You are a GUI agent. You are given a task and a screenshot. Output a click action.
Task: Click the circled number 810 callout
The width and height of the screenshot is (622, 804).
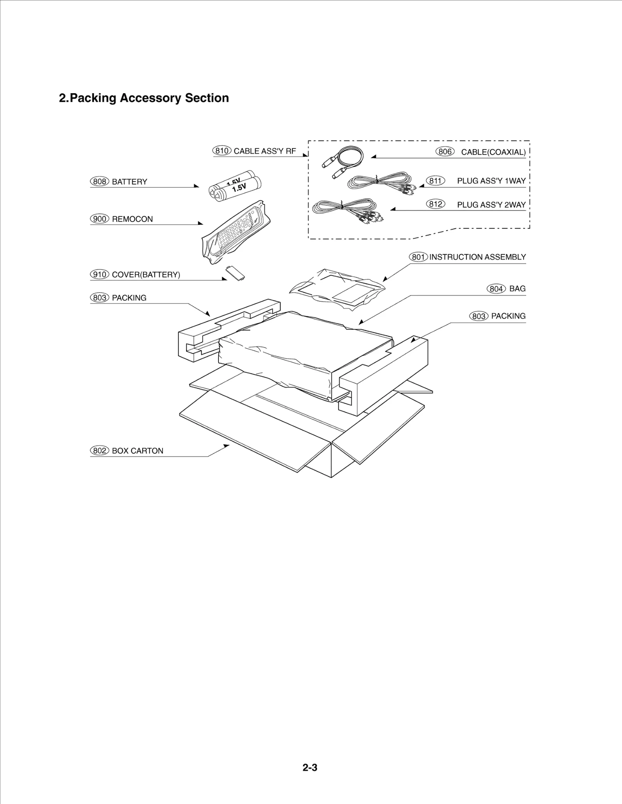(x=222, y=151)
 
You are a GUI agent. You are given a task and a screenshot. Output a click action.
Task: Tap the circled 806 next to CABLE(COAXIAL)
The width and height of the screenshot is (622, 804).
(x=445, y=151)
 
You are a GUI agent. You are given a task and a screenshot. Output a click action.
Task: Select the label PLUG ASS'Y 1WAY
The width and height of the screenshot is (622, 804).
(x=491, y=181)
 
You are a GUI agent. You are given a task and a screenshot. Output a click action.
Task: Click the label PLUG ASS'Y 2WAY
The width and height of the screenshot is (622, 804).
(x=491, y=205)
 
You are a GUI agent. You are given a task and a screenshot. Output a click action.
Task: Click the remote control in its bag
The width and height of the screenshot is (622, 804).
(x=236, y=231)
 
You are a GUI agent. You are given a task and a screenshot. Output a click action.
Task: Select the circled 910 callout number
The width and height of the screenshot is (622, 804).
(x=100, y=274)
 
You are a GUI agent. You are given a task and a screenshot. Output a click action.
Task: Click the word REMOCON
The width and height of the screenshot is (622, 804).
(x=132, y=219)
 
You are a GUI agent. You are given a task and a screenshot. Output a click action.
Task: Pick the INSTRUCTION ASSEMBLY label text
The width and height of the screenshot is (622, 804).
(x=477, y=257)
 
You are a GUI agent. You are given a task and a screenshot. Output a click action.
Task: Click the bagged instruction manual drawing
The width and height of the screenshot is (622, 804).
(x=337, y=289)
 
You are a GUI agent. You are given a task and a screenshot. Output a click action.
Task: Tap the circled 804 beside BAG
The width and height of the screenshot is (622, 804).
(x=496, y=288)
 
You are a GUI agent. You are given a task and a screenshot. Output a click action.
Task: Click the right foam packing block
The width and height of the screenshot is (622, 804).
(x=385, y=373)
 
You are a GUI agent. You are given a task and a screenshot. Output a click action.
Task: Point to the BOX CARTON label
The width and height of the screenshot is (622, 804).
(x=137, y=451)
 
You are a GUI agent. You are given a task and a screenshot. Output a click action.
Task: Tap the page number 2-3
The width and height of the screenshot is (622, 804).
(x=310, y=768)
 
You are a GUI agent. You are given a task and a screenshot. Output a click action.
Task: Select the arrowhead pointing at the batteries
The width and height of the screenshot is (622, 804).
(x=197, y=186)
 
